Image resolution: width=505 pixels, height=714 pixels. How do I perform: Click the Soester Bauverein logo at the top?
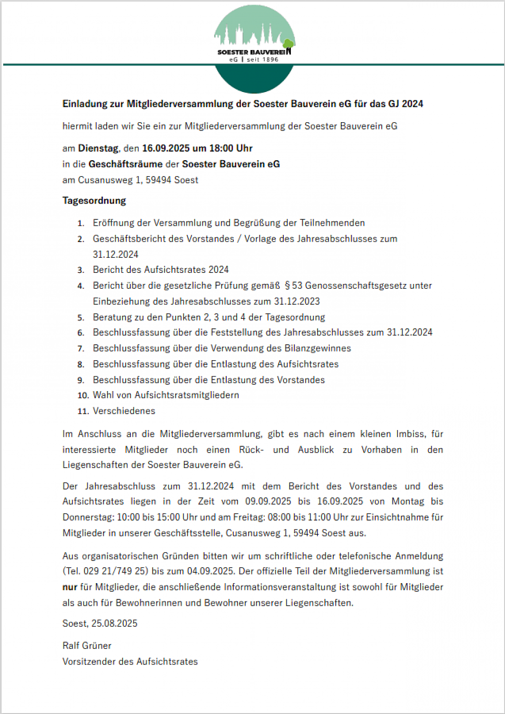pos(255,49)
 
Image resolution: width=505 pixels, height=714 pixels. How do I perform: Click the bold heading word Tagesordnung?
pos(94,201)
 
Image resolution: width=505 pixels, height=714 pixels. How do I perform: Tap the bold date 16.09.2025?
pos(166,148)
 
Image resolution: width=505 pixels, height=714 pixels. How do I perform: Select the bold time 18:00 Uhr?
pos(231,148)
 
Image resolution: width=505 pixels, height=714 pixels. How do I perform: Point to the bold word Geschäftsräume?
pos(125,164)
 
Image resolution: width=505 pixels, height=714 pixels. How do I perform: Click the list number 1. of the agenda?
pos(81,223)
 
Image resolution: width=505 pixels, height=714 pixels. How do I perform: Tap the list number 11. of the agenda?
pos(83,411)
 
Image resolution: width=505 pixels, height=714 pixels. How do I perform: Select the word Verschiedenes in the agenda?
pos(124,411)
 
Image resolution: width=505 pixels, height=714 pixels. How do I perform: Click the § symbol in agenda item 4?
pos(287,285)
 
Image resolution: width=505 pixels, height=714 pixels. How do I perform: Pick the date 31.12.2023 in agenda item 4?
pos(297,301)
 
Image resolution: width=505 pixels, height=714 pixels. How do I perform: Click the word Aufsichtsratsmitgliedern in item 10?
pos(187,395)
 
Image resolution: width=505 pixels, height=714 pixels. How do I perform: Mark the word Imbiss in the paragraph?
pos(411,434)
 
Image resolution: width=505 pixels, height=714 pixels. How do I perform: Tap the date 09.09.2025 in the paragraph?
pos(268,501)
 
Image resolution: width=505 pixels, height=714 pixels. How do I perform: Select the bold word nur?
pos(70,587)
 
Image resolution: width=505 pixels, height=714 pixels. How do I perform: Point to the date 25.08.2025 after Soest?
pos(114,624)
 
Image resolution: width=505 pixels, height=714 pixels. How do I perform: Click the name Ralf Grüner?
pos(87,646)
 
